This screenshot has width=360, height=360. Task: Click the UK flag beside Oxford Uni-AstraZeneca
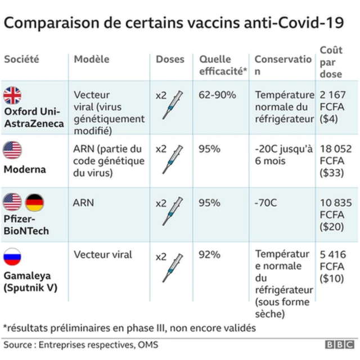coord(13,96)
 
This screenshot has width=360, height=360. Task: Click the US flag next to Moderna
coord(13,150)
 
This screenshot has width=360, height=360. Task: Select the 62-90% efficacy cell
coord(217,94)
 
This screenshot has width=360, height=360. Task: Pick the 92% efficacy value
coord(209,255)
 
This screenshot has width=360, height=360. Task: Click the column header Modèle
coord(92,59)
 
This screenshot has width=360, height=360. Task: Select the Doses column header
coord(170,59)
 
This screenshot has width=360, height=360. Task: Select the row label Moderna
coord(25,169)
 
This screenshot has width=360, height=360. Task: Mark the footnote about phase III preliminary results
coord(129,327)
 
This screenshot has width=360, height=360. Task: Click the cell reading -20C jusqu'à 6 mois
coord(283,155)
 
